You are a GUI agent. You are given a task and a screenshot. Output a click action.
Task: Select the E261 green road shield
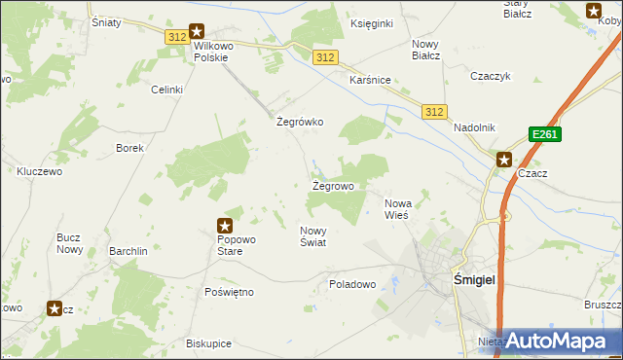tap(544, 135)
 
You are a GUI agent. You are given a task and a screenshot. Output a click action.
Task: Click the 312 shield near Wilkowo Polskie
tap(176, 37)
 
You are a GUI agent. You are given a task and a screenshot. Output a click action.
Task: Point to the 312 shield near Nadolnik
tap(435, 113)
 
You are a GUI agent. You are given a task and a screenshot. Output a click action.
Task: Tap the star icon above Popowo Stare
tap(225, 226)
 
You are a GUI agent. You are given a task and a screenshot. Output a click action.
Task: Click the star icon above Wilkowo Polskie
tap(197, 31)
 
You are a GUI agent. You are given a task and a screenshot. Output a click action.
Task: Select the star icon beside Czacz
tap(504, 160)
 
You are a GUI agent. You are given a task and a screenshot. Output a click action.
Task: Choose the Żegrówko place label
tap(300, 123)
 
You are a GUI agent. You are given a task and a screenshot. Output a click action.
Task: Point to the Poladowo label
tap(352, 284)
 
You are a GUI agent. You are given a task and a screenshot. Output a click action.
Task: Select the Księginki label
tap(370, 22)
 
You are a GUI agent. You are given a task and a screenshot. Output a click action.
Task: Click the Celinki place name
tap(166, 90)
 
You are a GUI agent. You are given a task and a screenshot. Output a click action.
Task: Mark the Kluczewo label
tap(40, 171)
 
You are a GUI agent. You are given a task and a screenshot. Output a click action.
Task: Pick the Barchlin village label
tap(128, 250)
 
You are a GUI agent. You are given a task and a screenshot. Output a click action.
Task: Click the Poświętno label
tap(230, 292)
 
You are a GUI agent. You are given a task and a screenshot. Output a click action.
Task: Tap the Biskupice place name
tap(209, 343)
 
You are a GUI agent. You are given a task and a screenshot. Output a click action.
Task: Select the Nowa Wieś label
tap(399, 208)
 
